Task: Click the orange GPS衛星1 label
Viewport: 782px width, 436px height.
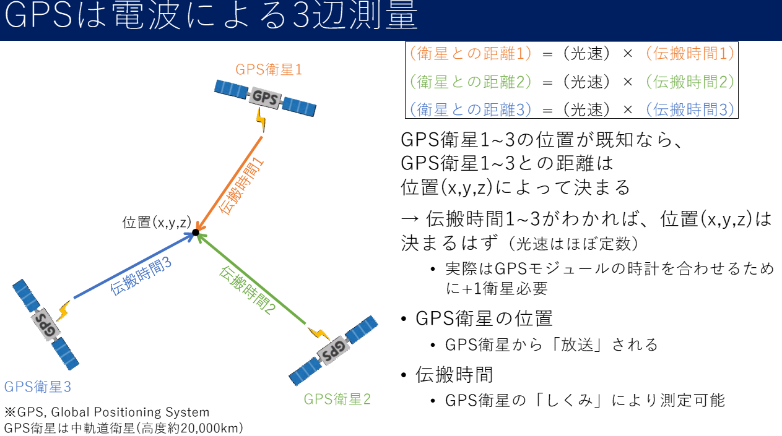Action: point(269,69)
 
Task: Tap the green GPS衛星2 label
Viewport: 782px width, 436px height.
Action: point(337,399)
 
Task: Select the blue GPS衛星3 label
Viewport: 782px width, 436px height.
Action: point(38,387)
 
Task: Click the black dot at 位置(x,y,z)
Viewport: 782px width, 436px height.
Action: point(195,233)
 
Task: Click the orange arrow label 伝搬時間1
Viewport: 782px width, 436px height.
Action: point(242,186)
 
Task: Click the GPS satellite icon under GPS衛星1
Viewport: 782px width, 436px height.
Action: point(266,97)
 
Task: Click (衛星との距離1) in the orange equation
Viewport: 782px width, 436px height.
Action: point(471,54)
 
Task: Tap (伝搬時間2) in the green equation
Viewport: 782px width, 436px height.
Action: point(689,81)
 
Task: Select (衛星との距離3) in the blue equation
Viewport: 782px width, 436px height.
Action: point(471,109)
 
